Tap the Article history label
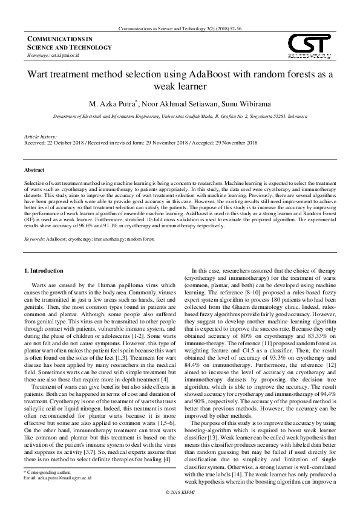pyautogui.click(x=39, y=137)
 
